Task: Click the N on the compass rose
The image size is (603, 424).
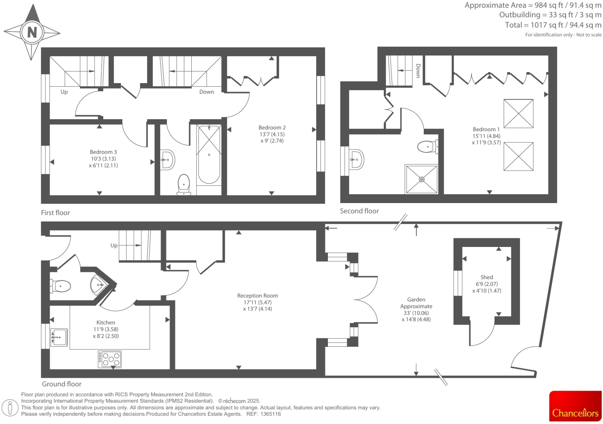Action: pos(32,32)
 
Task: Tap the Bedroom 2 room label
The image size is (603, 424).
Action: pos(272,128)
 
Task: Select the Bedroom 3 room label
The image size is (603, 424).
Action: pos(103,152)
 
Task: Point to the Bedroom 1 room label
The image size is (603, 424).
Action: pos(486,129)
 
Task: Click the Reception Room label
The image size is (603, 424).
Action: pos(257,296)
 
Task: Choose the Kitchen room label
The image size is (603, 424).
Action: pos(106,323)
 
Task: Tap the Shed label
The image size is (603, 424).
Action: pos(487,277)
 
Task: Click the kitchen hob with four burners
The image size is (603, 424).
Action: pos(109,359)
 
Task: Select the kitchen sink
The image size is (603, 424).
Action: pos(59,337)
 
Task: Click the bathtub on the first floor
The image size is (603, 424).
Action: pos(209,154)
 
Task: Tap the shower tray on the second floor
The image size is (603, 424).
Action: pos(421,179)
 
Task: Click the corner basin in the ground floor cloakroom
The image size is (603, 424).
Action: pos(98,285)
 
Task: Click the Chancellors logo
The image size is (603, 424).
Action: pos(575,406)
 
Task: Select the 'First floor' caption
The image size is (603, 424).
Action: pos(55,213)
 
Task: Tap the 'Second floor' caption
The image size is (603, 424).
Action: pos(359,211)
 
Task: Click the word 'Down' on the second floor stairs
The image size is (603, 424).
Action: pos(418,71)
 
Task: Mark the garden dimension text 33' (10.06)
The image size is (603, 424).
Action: pos(416,313)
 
